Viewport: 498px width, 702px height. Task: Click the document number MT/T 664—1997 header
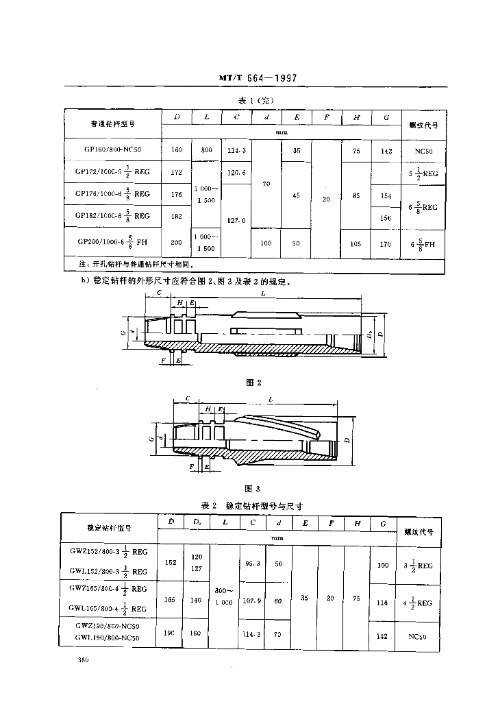point(258,79)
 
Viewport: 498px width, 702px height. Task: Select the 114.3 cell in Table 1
point(236,150)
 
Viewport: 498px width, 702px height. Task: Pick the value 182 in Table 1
point(177,216)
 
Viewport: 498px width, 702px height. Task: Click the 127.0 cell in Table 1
point(236,221)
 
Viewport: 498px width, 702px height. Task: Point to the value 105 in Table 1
point(356,243)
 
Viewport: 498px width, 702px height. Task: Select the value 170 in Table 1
point(386,243)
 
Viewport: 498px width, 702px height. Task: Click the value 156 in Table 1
point(386,218)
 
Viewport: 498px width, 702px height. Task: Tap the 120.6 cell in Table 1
point(236,173)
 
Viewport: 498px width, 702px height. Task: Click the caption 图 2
point(254,382)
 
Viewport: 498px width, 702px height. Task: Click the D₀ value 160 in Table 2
point(197,633)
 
